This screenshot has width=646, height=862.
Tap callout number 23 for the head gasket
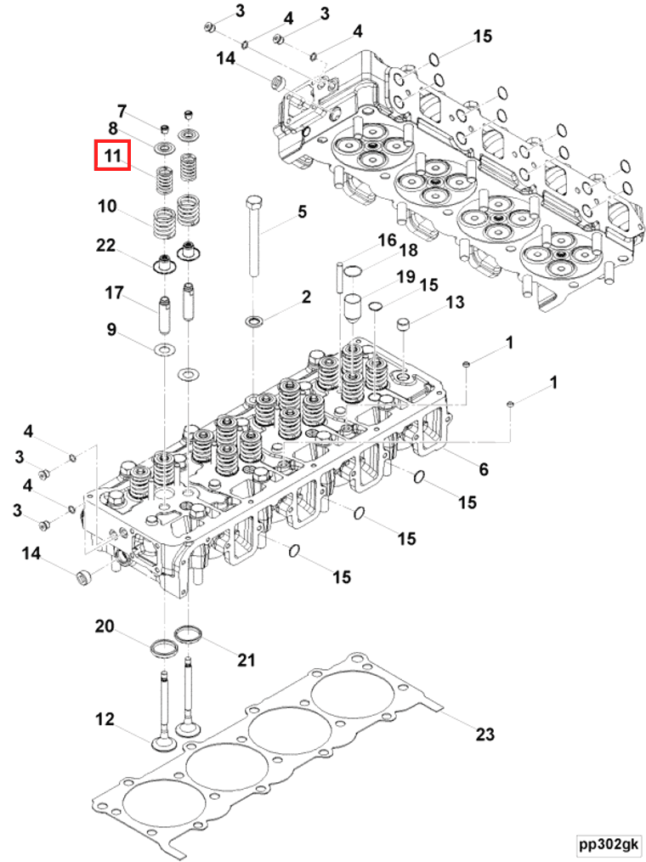(x=484, y=734)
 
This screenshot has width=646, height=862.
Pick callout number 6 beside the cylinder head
(x=484, y=469)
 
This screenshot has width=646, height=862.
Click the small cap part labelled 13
(x=405, y=326)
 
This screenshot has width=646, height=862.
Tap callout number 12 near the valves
(x=104, y=720)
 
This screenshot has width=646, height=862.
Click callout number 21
(x=246, y=659)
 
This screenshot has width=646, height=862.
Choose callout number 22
(x=105, y=245)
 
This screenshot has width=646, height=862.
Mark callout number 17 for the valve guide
(x=114, y=293)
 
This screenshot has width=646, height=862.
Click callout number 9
(x=110, y=330)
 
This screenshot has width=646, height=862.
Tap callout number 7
(x=122, y=111)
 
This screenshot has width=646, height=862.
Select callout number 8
(x=112, y=128)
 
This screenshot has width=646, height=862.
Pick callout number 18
(x=408, y=250)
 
